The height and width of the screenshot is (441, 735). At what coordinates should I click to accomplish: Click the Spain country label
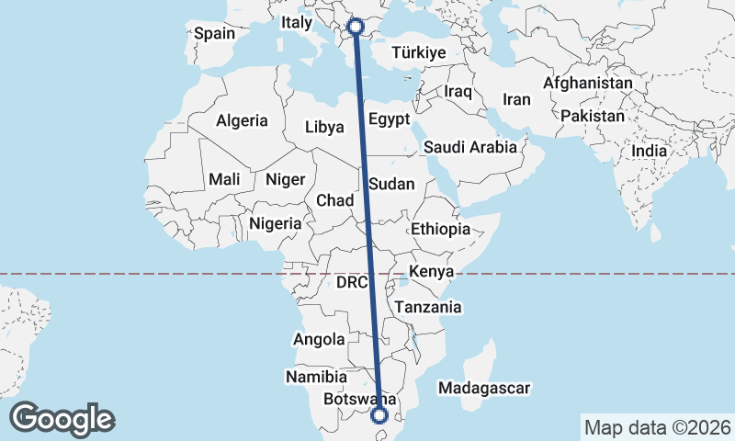coord(214,33)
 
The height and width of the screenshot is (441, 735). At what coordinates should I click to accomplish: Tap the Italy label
coord(297,22)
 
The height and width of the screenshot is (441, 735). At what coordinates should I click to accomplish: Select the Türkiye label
coord(418,53)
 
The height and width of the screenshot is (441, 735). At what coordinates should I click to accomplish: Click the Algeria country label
coord(242,120)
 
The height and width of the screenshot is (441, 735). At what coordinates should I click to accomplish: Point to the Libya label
coord(324,127)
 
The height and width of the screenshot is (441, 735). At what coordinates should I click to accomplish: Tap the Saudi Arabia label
coord(470,147)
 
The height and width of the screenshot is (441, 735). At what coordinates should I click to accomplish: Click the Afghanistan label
coord(588,83)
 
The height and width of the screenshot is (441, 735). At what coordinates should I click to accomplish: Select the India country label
coord(650,151)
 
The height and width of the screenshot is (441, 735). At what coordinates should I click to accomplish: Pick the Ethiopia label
coord(441,229)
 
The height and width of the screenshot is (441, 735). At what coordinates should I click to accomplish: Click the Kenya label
coord(432,272)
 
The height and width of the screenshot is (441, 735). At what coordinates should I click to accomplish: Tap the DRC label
coord(352,283)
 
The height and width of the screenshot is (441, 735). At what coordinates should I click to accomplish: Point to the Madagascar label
coord(484,389)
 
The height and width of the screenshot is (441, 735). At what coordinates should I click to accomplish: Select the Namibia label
coord(316,377)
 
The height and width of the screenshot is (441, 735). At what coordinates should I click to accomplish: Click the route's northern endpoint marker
coord(356,27)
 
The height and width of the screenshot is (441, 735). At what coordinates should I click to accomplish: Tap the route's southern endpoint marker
coord(379,416)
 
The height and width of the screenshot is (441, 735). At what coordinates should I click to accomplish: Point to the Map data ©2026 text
coord(657,427)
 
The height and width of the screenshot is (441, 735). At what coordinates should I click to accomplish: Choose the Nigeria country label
coord(275,222)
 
